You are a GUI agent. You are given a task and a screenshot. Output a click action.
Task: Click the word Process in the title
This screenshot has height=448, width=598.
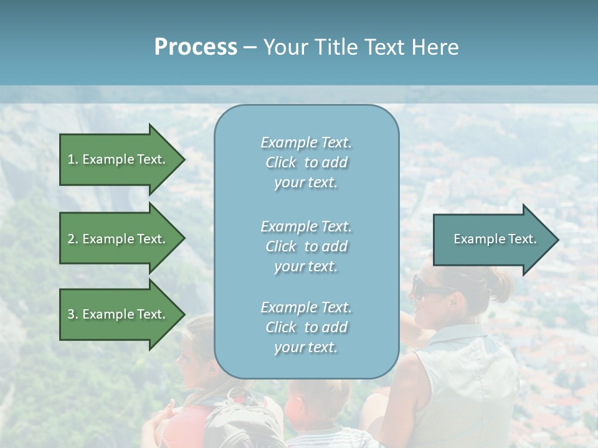tap(196, 47)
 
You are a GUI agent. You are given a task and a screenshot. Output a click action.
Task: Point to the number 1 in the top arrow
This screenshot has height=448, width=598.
tap(71, 159)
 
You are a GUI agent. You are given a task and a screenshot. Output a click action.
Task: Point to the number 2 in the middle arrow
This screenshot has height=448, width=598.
tap(71, 239)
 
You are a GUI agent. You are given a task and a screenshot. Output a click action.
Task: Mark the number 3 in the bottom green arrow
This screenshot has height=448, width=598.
tap(71, 314)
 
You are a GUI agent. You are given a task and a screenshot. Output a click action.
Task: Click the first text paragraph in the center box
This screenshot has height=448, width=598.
tap(306, 162)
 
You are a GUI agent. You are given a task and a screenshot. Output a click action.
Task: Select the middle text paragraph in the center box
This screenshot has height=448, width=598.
tap(306, 246)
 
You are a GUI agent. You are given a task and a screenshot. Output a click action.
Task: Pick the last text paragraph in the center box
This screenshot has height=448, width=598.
tap(306, 327)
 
